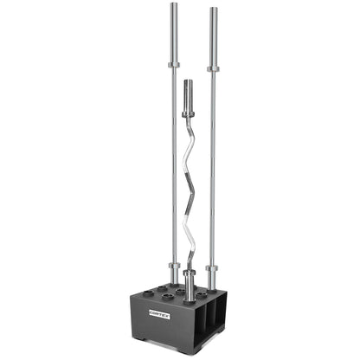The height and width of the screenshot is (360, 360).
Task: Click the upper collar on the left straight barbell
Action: (173, 64)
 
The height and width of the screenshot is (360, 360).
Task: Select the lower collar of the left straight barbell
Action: (173, 265)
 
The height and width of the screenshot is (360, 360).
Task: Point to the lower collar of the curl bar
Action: (190, 275)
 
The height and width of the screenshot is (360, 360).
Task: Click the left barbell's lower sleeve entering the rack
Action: (173, 279)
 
